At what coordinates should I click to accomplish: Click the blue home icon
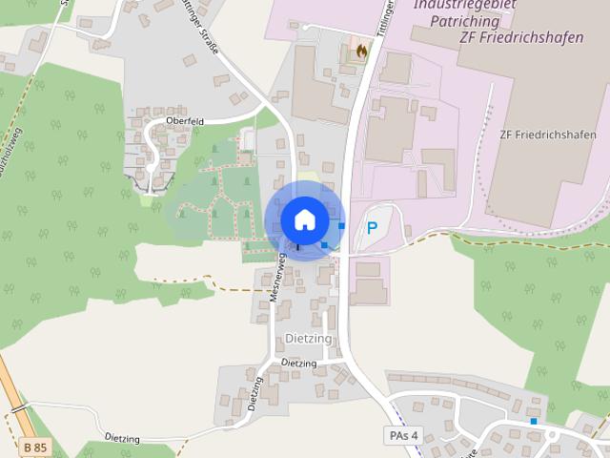click(x=304, y=219)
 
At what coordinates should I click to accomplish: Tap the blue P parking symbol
click(x=372, y=229)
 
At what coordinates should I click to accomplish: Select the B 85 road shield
click(x=35, y=447)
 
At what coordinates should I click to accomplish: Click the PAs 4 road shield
click(x=403, y=435)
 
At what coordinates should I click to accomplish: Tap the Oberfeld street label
click(x=185, y=122)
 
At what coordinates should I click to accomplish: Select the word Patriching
click(x=464, y=20)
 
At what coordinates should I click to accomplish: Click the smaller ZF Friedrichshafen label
click(x=548, y=135)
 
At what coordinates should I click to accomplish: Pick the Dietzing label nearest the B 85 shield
click(x=122, y=439)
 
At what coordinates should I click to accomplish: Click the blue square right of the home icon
click(x=341, y=226)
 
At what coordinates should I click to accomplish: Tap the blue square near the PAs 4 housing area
click(x=534, y=421)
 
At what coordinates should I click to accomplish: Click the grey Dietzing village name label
click(x=308, y=339)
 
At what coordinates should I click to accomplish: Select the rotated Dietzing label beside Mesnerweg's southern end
click(x=254, y=393)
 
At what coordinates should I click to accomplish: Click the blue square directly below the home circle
click(x=324, y=245)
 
